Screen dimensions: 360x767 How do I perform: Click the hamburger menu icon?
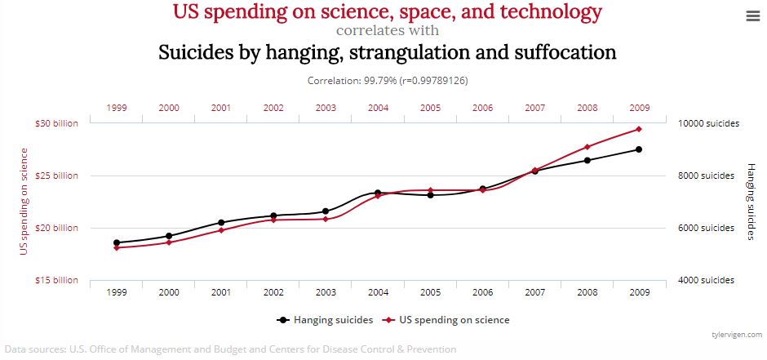(x=751, y=16)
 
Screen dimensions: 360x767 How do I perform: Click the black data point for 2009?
(x=639, y=149)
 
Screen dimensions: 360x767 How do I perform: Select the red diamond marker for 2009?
(x=639, y=129)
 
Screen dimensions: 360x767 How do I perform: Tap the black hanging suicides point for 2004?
(x=378, y=193)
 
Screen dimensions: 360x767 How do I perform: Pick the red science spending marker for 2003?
(x=326, y=219)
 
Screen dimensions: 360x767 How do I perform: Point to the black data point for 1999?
(x=117, y=242)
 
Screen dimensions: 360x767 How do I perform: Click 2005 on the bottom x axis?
(x=430, y=292)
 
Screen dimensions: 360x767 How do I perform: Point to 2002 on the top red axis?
(x=273, y=108)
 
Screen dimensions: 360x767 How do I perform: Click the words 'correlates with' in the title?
(x=388, y=31)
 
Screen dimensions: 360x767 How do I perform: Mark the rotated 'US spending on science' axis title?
(x=24, y=201)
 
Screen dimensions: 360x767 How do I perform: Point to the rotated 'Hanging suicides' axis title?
(x=751, y=201)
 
